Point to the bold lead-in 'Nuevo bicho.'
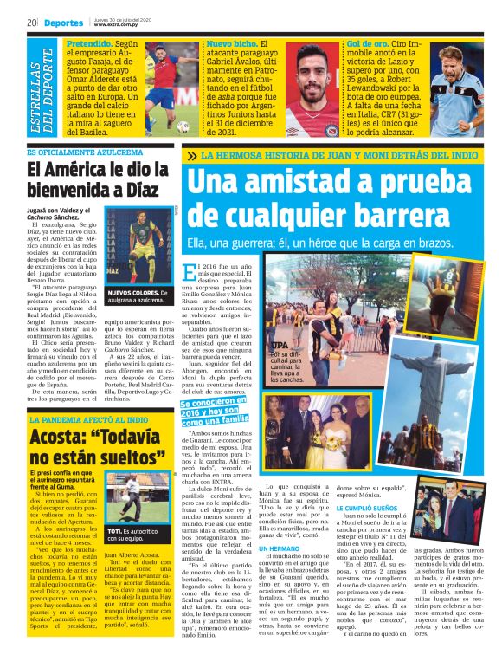point(232,42)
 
